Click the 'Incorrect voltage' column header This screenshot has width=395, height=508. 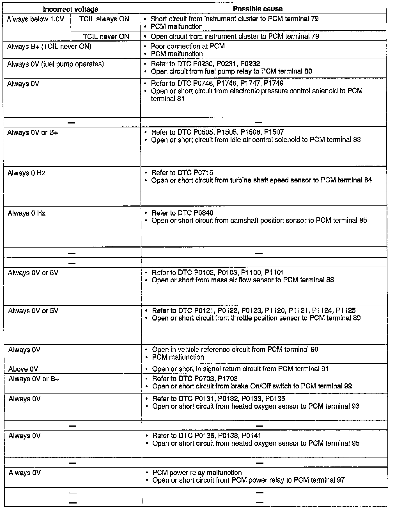pyautogui.click(x=70, y=9)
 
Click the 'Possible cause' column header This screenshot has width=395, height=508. pyautogui.click(x=258, y=9)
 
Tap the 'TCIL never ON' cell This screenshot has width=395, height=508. pyautogui.click(x=106, y=36)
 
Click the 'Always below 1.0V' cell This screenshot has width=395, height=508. pyautogui.click(x=36, y=19)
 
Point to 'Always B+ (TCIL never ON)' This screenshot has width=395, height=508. pyautogui.click(x=49, y=46)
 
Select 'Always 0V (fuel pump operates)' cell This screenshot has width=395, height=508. pyautogui.click(x=56, y=64)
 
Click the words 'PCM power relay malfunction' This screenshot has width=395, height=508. pyautogui.click(x=197, y=473)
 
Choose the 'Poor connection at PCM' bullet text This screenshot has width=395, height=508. pyautogui.click(x=188, y=46)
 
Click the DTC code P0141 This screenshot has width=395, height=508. pyautogui.click(x=251, y=436)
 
